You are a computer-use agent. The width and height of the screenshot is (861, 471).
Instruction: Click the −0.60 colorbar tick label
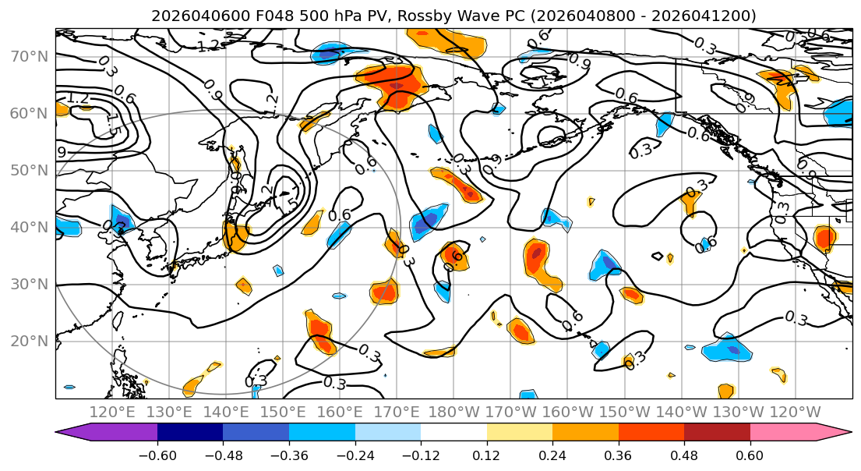157,454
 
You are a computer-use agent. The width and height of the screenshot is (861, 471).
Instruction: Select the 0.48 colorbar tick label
684,454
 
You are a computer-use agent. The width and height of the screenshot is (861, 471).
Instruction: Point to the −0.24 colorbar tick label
355,454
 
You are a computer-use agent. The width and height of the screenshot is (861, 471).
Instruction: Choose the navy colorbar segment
190,433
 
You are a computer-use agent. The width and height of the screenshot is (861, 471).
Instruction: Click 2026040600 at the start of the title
185,16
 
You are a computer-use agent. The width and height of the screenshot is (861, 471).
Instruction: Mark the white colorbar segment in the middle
453,433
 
